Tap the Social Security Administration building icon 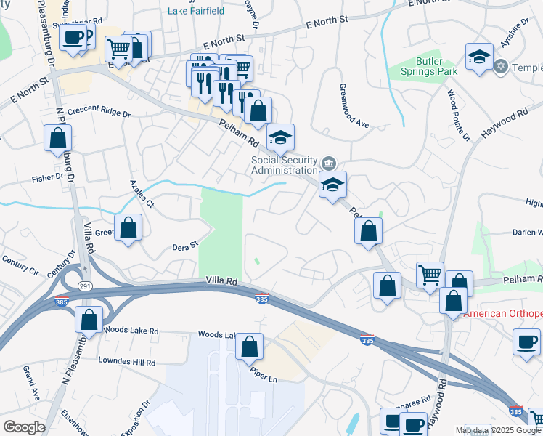329,161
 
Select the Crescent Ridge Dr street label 99,114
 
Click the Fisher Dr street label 48,177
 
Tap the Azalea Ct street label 142,194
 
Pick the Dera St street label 184,246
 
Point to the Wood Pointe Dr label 452,109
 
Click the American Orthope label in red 502,314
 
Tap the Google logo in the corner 24,427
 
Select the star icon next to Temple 499,67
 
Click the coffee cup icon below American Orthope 526,340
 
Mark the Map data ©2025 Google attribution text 498,430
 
